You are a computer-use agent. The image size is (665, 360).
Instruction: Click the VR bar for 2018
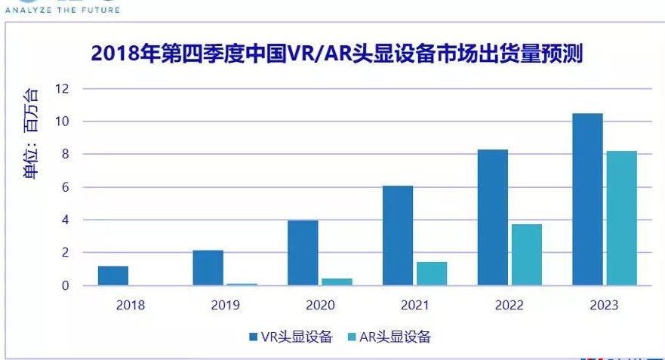coord(113,275)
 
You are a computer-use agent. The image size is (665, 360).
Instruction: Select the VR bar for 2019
coord(208,268)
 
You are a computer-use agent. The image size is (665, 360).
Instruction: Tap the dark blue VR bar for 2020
coord(303,253)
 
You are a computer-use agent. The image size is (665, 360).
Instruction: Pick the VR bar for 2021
coord(398,235)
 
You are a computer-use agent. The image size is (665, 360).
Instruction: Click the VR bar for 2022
coord(493,217)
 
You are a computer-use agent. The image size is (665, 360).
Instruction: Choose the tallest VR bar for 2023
coord(588,199)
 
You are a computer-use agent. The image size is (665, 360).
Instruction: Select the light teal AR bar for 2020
coord(337,282)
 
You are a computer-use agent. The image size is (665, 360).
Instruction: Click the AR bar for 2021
coord(432,273)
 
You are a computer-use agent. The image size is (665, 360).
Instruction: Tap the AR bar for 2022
coord(527,254)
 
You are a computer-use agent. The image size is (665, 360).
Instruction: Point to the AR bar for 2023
coord(622,218)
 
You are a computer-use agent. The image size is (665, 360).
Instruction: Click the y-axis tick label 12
coord(62,88)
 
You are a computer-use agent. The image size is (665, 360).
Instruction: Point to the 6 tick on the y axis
coord(66,187)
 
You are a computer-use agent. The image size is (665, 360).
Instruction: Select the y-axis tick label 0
coord(66,285)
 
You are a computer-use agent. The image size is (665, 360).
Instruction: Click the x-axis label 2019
coord(225,305)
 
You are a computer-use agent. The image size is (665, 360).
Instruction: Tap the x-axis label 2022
coord(510,305)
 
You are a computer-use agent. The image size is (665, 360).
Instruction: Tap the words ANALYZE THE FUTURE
coord(62,9)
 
